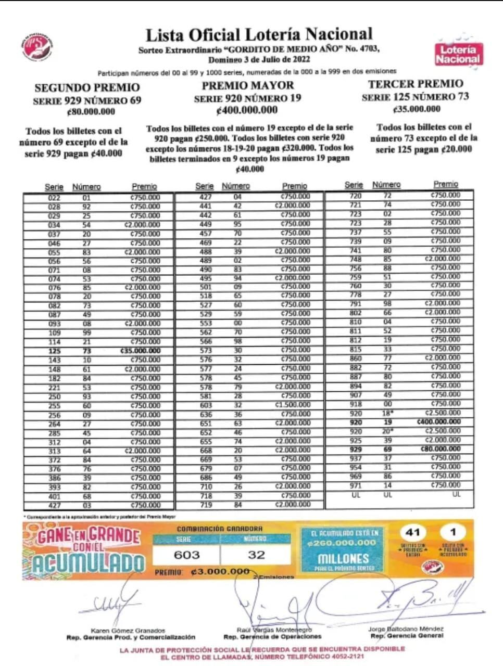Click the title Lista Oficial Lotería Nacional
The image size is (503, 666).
[x=259, y=35]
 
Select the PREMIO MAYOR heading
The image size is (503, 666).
[x=248, y=85]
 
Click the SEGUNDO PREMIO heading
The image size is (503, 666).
[x=87, y=87]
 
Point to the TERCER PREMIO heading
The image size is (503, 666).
[x=415, y=84]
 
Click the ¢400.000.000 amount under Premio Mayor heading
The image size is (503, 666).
[x=247, y=110]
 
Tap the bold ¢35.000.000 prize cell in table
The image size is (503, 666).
[x=140, y=351]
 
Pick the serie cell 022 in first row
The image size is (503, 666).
[x=54, y=198]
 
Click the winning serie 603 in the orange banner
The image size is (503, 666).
[x=186, y=555]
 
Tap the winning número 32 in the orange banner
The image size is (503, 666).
[x=256, y=555]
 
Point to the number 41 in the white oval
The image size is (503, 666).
[x=412, y=532]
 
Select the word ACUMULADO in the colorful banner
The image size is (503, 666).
[x=89, y=562]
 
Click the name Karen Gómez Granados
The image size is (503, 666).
[x=128, y=630]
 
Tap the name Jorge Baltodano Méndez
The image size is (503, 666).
[x=406, y=629]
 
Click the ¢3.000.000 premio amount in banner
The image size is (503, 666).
[x=220, y=572]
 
